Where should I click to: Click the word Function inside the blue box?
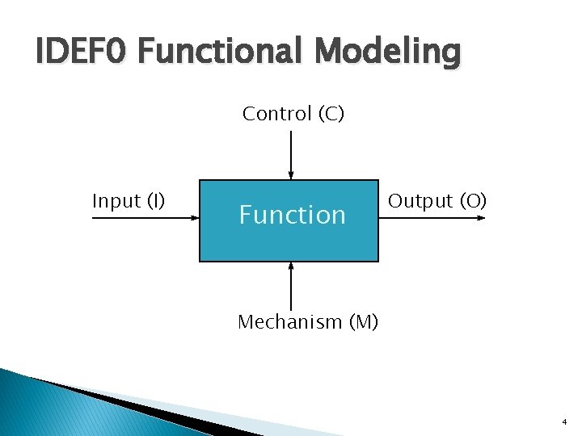292,215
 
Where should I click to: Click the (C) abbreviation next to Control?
331,115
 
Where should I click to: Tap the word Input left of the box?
116,201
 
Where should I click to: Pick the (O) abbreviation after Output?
473,201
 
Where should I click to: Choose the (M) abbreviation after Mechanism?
363,322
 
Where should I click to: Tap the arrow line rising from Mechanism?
290,287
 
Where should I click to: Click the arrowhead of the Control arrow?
291,174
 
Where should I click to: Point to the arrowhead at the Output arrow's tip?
482,218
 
